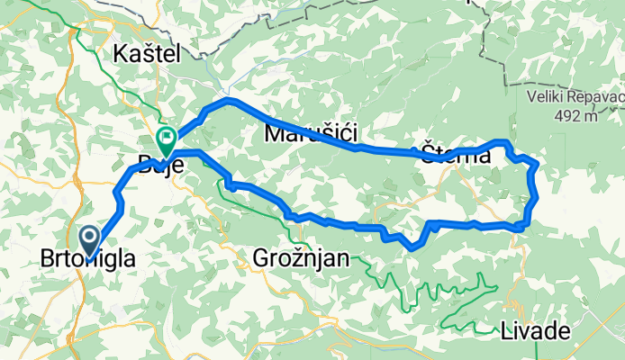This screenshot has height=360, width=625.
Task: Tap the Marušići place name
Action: [x=311, y=134]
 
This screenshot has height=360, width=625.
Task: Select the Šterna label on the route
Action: [x=456, y=155]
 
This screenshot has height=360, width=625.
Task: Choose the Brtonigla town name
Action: [x=89, y=259]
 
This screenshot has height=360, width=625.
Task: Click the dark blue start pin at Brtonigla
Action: [x=91, y=239]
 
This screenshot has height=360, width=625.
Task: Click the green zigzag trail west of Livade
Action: [x=450, y=297]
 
